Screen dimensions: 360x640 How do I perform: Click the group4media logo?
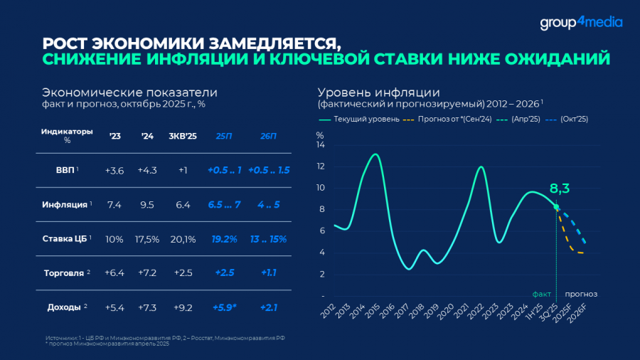pyautogui.click(x=580, y=22)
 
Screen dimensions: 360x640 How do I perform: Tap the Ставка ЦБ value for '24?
pyautogui.click(x=147, y=239)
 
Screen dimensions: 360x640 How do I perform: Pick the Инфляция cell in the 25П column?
pyautogui.click(x=224, y=205)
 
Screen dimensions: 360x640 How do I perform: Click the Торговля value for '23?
pyautogui.click(x=114, y=272)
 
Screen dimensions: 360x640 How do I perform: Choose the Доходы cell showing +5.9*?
pyautogui.click(x=224, y=307)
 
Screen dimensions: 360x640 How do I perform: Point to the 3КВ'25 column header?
pyautogui.click(x=183, y=136)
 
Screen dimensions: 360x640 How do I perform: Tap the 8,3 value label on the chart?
pyautogui.click(x=561, y=189)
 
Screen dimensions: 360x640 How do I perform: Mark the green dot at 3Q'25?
pyautogui.click(x=556, y=207)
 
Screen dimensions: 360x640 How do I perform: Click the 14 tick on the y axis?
pyautogui.click(x=321, y=145)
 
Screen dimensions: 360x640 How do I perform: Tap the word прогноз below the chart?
pyautogui.click(x=581, y=293)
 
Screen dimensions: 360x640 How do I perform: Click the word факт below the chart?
pyautogui.click(x=543, y=293)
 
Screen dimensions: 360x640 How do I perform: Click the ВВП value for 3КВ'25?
pyautogui.click(x=183, y=170)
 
